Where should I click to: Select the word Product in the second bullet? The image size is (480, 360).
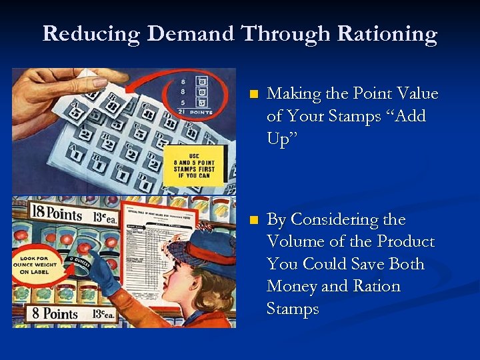click(x=406, y=241)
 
